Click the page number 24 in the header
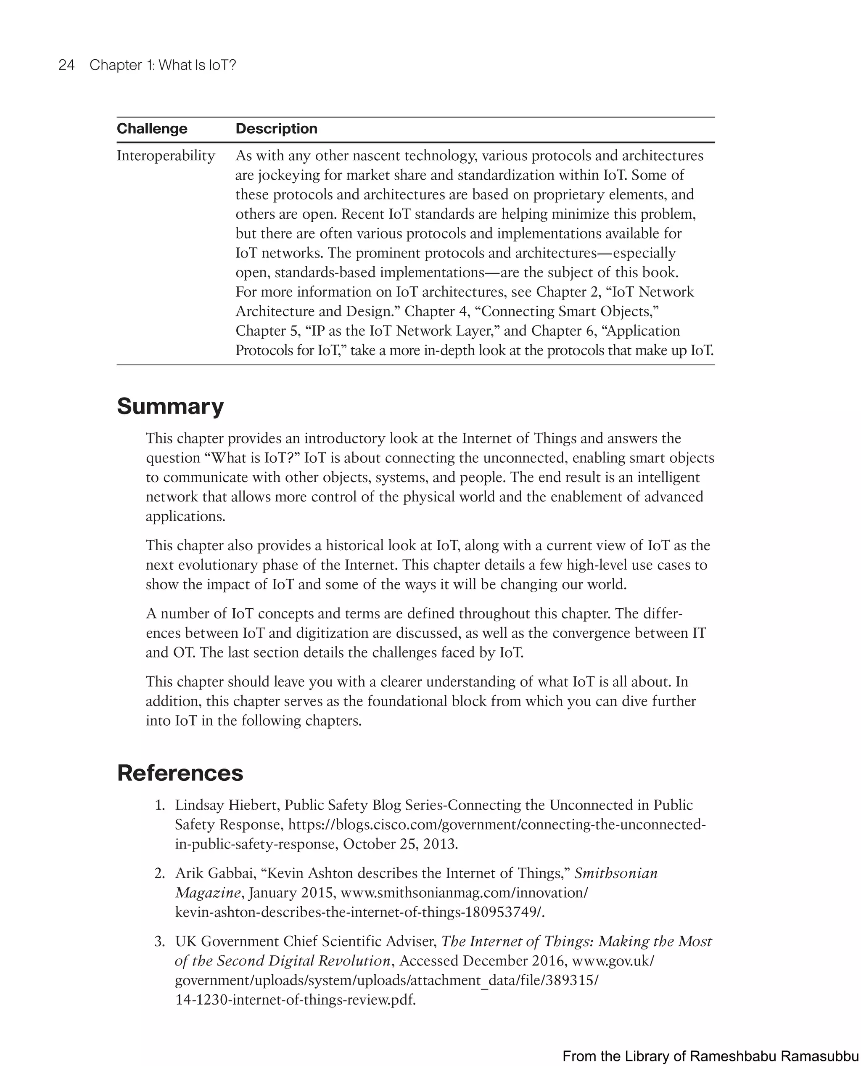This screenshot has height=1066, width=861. [66, 65]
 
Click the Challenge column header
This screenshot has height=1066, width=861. [152, 129]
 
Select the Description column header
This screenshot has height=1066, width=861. [276, 129]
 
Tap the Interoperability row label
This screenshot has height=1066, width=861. [166, 156]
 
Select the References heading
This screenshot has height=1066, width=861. [180, 773]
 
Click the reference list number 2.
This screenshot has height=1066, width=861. [159, 873]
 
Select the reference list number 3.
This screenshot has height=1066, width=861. [159, 941]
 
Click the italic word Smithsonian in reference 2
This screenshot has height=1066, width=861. [615, 873]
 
